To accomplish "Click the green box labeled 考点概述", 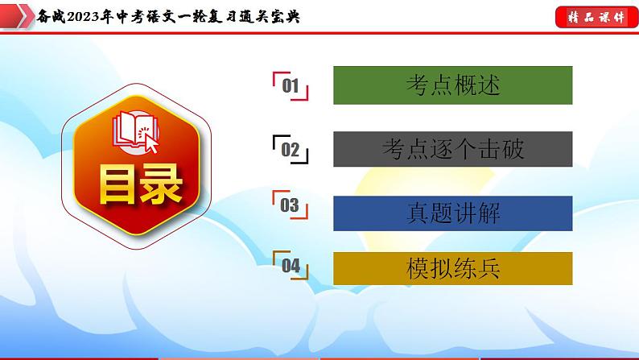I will (x=452, y=85).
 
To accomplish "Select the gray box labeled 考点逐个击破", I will (x=452, y=148).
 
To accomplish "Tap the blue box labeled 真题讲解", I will (x=452, y=213).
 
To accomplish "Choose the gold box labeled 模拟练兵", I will (x=452, y=268).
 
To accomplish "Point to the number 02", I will (x=291, y=149).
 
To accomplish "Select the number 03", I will (x=290, y=207).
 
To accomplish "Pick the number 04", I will (x=291, y=267).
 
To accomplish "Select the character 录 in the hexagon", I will (x=159, y=187).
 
